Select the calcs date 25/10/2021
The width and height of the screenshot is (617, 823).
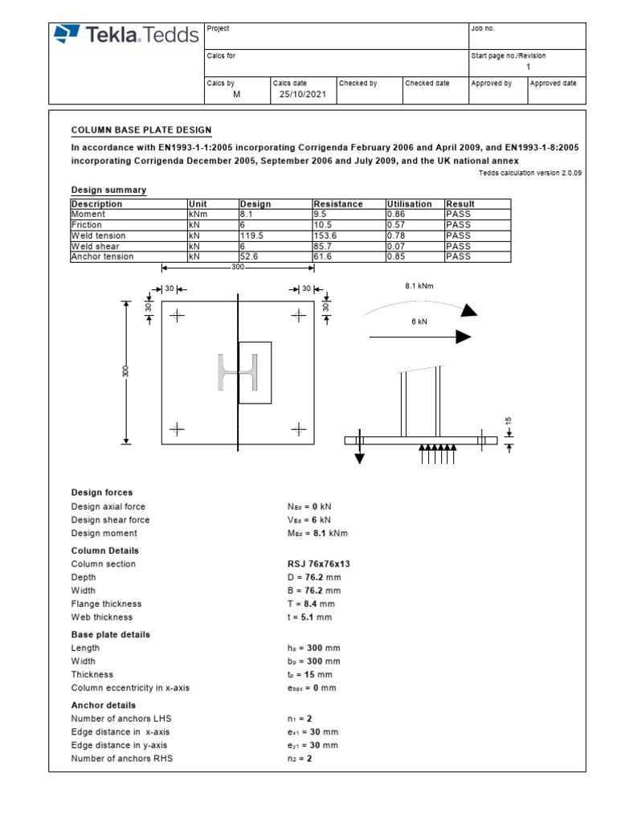point(299,94)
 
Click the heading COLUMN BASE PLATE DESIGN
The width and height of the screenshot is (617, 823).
point(141,129)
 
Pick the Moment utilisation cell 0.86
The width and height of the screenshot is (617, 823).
point(396,215)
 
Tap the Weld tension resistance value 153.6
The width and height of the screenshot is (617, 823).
point(325,235)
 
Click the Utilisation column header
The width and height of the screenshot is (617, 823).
point(409,204)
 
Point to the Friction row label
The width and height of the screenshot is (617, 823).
point(86,225)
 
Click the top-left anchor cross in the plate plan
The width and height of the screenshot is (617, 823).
point(177,315)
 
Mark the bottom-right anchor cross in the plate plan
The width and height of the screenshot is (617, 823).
point(300,430)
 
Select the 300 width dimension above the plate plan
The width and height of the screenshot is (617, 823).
point(238,267)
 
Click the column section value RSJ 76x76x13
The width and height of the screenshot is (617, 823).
point(318,564)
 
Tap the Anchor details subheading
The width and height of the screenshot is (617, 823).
point(104,705)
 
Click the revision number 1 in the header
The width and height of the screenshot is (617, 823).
point(528,68)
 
